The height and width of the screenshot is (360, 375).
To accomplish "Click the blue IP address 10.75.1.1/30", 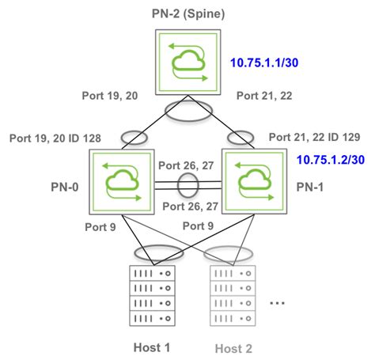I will pyautogui.click(x=262, y=62).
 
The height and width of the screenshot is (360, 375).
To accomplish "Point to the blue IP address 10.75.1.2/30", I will pyautogui.click(x=331, y=159).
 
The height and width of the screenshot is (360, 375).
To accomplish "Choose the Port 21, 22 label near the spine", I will pyautogui.click(x=265, y=96).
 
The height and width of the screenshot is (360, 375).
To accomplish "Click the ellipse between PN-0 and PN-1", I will pyautogui.click(x=187, y=188).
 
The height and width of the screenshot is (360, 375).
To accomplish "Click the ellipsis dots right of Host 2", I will pyautogui.click(x=277, y=304).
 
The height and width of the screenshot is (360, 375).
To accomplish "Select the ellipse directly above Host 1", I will pyautogui.click(x=153, y=252).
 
